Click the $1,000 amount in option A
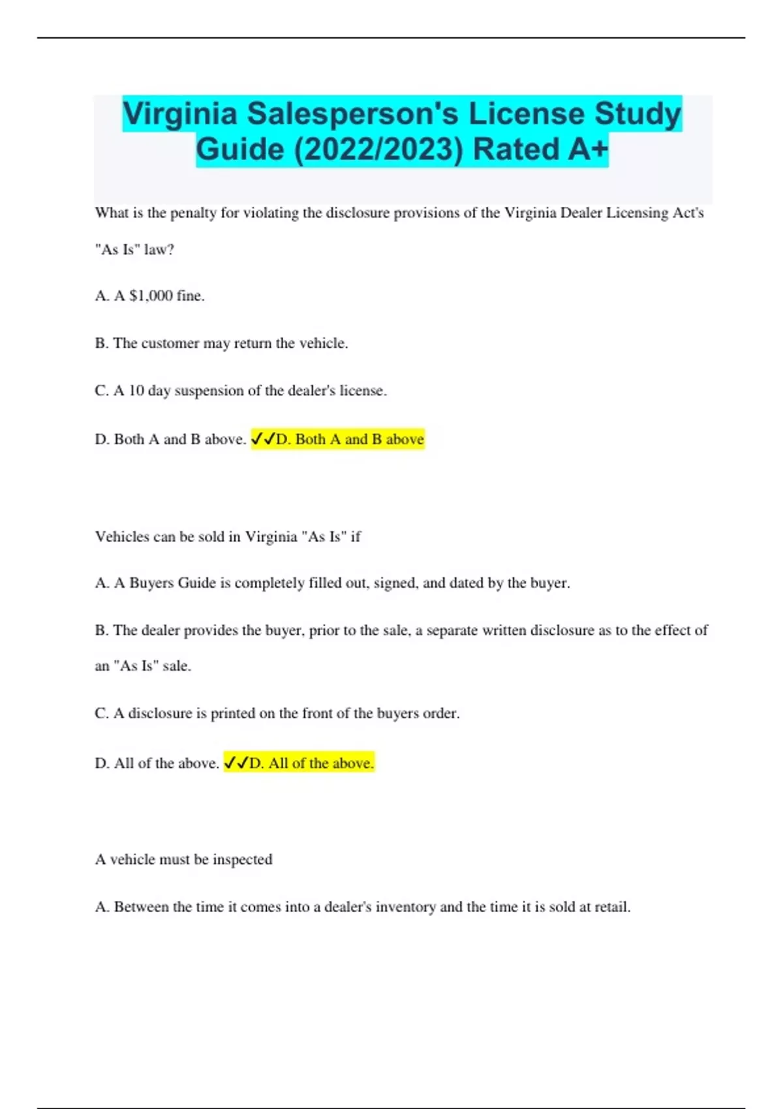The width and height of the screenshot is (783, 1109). (151, 296)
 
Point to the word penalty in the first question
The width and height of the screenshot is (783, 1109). (193, 213)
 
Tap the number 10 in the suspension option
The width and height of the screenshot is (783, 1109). (136, 391)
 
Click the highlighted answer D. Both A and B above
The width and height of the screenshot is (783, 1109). (350, 440)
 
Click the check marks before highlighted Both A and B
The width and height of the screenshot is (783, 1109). (262, 440)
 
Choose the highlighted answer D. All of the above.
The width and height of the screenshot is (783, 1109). (311, 763)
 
